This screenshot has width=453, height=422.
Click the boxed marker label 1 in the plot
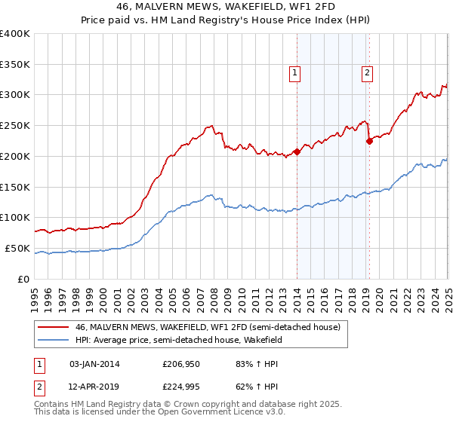click(294, 73)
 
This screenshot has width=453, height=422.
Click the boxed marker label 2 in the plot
click(367, 73)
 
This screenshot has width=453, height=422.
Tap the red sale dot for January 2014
click(297, 151)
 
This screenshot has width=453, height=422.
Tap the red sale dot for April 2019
click(369, 140)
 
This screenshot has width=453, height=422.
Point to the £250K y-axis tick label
click(15, 126)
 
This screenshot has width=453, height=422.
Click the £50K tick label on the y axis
click(17, 248)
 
